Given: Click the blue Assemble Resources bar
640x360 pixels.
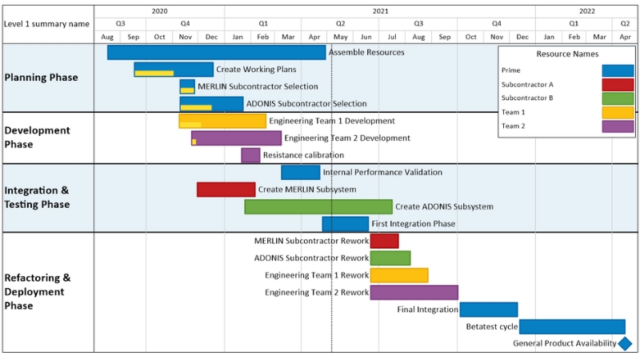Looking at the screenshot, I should tap(216, 52).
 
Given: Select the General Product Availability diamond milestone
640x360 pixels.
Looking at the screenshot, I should tap(626, 343).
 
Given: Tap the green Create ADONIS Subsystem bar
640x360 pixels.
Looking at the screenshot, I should tap(318, 206).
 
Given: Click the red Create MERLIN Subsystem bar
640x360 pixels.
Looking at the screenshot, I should tap(226, 190).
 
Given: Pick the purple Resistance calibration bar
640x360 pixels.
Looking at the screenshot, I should tap(250, 155).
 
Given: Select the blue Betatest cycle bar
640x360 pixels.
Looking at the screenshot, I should tap(572, 326).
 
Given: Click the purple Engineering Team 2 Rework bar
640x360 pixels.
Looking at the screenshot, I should tap(414, 292).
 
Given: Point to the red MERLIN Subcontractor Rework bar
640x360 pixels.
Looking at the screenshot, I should tap(384, 241).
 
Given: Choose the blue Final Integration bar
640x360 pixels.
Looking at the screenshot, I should tap(488, 310).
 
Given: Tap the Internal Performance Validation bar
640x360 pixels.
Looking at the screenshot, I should tap(300, 172).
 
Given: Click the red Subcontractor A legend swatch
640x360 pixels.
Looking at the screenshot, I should tap(618, 85).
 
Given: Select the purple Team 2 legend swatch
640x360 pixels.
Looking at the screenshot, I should tap(618, 126).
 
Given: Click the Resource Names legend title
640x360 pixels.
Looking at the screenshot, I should tap(568, 54).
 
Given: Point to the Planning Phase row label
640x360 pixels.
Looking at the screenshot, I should tap(42, 78).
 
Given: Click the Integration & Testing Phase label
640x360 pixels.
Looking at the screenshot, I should tap(37, 198).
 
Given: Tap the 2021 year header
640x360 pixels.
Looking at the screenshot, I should tap(379, 11).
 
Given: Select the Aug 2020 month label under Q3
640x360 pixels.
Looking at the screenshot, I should tap(107, 37).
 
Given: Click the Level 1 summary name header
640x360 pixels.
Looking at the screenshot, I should tap(46, 24).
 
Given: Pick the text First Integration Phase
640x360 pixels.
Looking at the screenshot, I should tap(414, 224).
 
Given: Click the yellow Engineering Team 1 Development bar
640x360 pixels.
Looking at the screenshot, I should tap(222, 121).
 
